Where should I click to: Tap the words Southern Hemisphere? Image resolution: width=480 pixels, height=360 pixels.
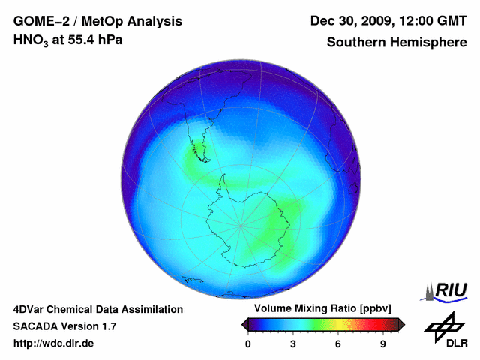pos(397,42)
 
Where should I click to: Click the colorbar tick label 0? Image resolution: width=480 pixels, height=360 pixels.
pos(248,343)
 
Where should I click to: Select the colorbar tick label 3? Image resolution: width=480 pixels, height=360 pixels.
pos(293,343)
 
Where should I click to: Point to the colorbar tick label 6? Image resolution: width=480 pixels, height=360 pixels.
pos(338,343)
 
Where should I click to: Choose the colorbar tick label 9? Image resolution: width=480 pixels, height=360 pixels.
pos(382,343)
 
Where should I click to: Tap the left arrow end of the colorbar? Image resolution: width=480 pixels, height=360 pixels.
pos(244,324)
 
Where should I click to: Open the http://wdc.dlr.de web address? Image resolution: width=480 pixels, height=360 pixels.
pos(54,343)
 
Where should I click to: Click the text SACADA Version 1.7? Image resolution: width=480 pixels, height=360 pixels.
pos(64,326)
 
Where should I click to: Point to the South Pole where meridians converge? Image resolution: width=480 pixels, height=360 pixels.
pos(240,224)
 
